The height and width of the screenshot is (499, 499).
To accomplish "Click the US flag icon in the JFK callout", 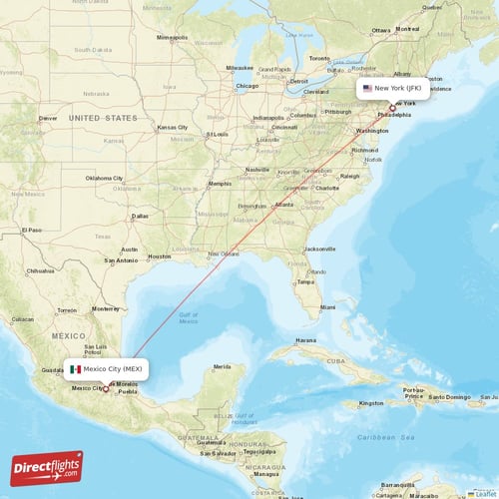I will coord(367,88).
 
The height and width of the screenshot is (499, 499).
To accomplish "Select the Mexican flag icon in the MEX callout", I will coord(75,368).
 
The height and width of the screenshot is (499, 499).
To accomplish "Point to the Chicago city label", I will coord(247,86).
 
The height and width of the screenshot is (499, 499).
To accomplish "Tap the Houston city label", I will coord(160,256).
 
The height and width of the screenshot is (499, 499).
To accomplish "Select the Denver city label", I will coord(48,118).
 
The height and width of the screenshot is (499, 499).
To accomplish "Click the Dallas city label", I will coord(140,216).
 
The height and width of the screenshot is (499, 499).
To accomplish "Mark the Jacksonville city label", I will coord(319,248).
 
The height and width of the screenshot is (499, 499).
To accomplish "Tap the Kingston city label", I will coord(371,402).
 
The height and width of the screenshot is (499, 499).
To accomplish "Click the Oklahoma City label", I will coord(104,178).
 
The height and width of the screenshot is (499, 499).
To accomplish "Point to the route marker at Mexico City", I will coord(106,389).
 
